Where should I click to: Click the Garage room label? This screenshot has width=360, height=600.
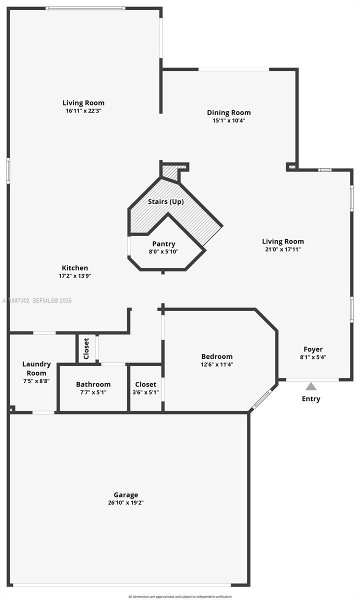(x=125, y=495)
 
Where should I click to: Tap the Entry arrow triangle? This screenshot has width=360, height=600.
(x=311, y=386)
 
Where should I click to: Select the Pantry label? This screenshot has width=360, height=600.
(x=163, y=244)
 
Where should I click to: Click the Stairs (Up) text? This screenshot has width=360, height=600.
(x=166, y=201)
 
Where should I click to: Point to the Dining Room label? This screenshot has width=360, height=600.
(x=228, y=112)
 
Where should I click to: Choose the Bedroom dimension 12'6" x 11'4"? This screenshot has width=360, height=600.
(x=217, y=364)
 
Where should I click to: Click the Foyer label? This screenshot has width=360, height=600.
(x=313, y=349)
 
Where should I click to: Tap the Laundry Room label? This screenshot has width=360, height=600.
(x=36, y=368)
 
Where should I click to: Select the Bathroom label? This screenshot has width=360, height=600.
(x=93, y=384)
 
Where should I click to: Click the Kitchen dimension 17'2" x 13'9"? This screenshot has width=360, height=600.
(x=75, y=275)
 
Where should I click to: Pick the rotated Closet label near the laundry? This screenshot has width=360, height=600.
(x=86, y=348)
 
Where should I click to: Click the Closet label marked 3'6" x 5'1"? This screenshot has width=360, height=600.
(x=145, y=384)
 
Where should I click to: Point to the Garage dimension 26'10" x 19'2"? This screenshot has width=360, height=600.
(x=125, y=503)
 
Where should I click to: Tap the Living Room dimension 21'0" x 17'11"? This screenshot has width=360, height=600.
(x=283, y=249)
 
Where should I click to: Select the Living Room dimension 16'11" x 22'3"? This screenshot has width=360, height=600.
(x=83, y=110)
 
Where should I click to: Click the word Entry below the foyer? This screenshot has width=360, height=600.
(x=311, y=398)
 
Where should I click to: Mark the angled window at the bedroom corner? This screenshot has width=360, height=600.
(x=262, y=398)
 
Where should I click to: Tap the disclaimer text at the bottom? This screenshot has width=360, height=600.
(x=180, y=596)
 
